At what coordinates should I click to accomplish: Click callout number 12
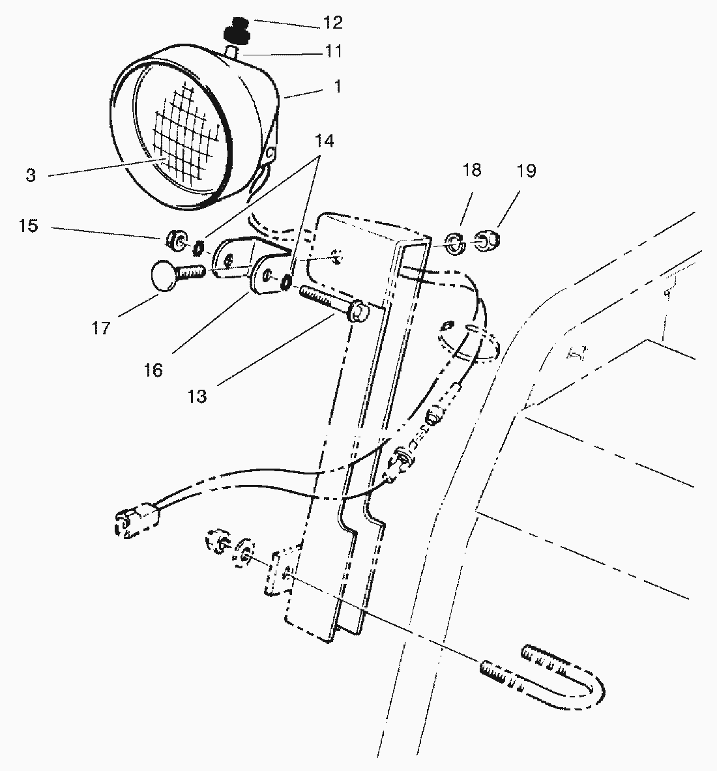[x=332, y=23]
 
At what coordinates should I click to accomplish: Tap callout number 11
[x=332, y=51]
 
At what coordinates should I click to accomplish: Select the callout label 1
[x=338, y=87]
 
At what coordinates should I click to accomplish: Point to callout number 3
[x=31, y=175]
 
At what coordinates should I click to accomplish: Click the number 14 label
[x=324, y=140]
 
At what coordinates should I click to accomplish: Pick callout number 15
[x=29, y=226]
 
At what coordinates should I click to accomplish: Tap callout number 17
[x=101, y=327]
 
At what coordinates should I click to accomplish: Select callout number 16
[x=153, y=370]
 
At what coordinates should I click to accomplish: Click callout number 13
[x=197, y=395]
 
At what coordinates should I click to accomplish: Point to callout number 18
[x=472, y=171]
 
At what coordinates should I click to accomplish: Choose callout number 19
[x=526, y=171]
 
